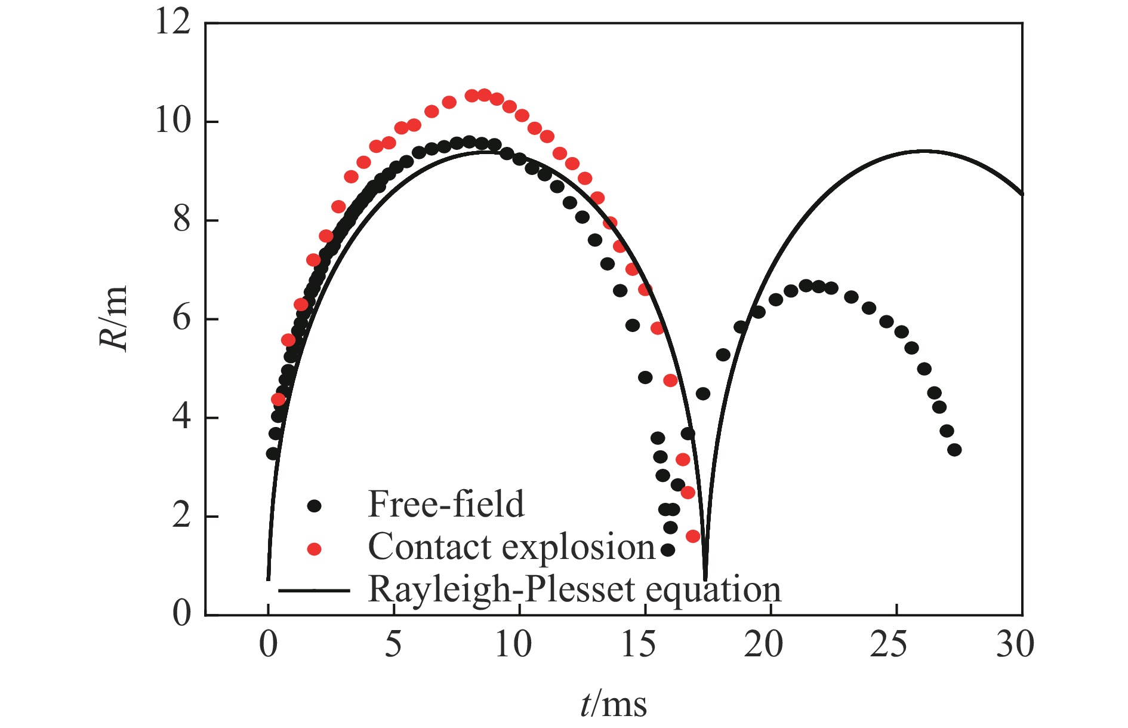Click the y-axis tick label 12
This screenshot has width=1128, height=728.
pos(172,23)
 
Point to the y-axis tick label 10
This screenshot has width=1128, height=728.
pos(172,121)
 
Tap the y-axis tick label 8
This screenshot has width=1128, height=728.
pos(181,220)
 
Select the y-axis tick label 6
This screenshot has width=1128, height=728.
pos(181,319)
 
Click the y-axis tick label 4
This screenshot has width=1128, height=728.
pos(181,417)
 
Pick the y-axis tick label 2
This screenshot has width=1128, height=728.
pos(181,515)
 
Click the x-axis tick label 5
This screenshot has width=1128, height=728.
pos(393,645)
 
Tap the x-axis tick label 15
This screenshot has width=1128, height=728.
pos(638,645)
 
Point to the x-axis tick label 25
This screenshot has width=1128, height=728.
pos(889,645)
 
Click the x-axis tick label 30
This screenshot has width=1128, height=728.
pos(1015,645)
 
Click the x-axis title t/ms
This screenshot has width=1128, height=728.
pos(614,704)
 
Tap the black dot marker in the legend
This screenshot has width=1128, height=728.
pos(314,506)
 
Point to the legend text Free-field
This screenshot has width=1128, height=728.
pos(446,504)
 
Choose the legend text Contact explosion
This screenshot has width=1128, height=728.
pos(511,547)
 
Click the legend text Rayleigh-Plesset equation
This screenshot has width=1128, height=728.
pos(574,590)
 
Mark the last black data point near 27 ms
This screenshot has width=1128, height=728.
pos(954,450)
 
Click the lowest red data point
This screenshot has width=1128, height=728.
pos(693,536)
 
